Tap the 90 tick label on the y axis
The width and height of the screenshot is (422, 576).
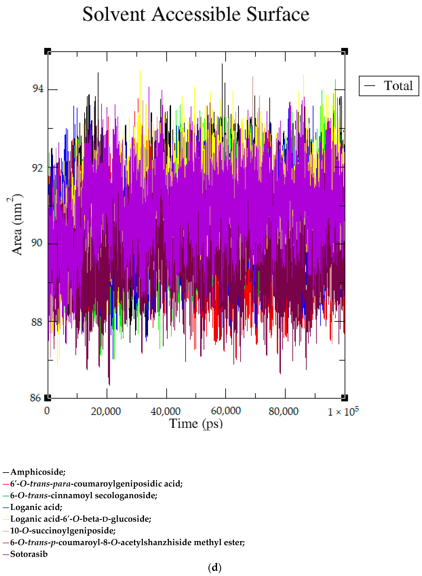point(37,242)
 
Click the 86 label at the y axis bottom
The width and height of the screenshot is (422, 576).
point(36,398)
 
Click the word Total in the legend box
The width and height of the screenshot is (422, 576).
point(398,86)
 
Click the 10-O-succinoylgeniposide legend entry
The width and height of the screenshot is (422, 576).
point(63,531)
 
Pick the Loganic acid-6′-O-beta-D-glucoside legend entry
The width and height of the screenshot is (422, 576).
point(80,519)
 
